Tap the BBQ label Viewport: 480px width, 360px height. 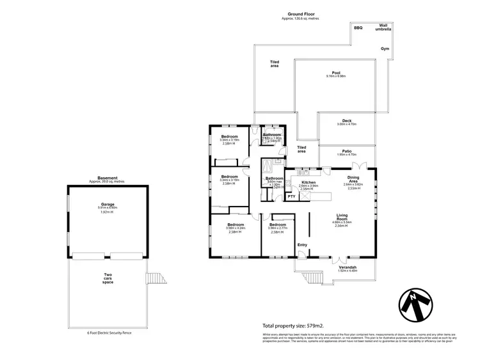pyautogui.click(x=358, y=28)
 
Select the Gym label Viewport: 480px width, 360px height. pyautogui.click(x=385, y=49)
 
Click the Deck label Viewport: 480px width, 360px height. pyautogui.click(x=347, y=120)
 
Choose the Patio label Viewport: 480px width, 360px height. pyautogui.click(x=347, y=151)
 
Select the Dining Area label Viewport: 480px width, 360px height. pyautogui.click(x=353, y=180)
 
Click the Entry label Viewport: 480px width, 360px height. pyautogui.click(x=302, y=244)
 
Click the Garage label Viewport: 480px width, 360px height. pyautogui.click(x=106, y=204)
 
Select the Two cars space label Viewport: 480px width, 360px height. pyautogui.click(x=108, y=279)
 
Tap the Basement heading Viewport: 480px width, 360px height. pyautogui.click(x=107, y=178)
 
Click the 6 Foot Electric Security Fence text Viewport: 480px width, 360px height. pyautogui.click(x=108, y=333)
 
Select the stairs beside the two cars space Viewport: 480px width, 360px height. pyautogui.click(x=156, y=279)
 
